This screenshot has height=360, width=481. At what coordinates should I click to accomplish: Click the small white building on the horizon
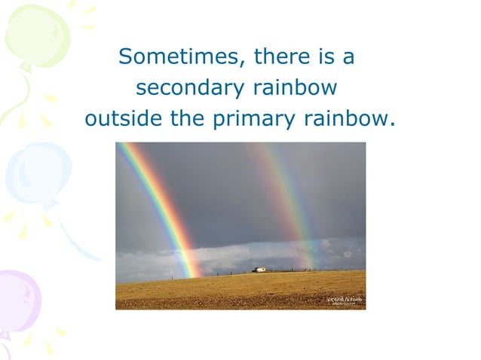[259, 269]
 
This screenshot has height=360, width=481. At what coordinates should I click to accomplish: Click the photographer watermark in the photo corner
[344, 301]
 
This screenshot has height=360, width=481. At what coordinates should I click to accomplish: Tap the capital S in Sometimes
[126, 57]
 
